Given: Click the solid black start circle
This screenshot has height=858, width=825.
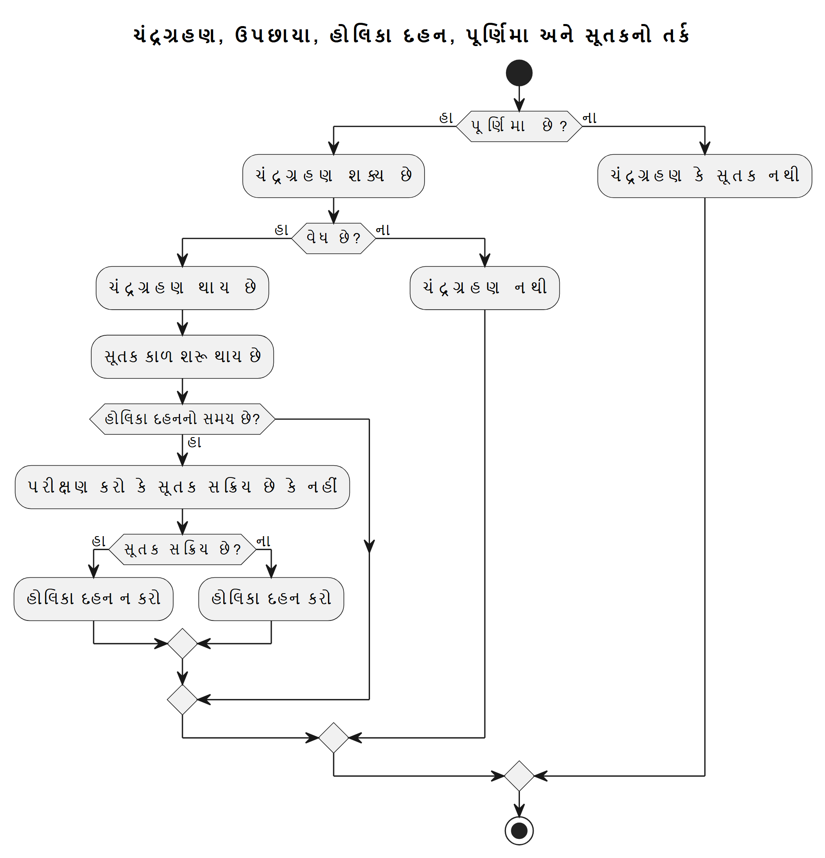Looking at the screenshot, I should tap(519, 73).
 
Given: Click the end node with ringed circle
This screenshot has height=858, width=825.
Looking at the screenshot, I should tap(519, 830).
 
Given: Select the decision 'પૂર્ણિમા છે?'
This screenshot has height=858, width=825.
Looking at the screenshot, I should tap(519, 126).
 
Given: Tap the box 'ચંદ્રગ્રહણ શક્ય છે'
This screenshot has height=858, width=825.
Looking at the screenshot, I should tap(334, 176).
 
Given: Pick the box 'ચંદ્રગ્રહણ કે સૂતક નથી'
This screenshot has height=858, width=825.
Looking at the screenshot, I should tap(705, 176).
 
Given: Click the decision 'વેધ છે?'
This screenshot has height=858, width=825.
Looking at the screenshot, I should tap(334, 238).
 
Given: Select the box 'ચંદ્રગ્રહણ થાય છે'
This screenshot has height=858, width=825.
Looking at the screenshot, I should tap(182, 288).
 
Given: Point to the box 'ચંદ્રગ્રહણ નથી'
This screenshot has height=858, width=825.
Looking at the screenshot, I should tap(484, 288).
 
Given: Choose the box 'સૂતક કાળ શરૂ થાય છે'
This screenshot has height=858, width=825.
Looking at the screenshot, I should tap(182, 356).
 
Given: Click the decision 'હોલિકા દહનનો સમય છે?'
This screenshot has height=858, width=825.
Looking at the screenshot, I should tap(182, 419).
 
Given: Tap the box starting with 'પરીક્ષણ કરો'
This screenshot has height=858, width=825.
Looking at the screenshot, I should tap(182, 487).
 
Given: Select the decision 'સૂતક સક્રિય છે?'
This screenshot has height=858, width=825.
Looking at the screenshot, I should tap(182, 549).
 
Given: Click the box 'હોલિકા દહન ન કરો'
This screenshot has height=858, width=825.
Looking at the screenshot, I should tap(93, 598).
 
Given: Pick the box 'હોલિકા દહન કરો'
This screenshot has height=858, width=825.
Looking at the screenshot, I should tap(271, 598).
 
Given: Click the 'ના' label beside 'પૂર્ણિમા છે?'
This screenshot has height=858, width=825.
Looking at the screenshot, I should tap(590, 118).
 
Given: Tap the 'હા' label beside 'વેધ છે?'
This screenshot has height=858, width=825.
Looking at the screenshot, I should tap(281, 230).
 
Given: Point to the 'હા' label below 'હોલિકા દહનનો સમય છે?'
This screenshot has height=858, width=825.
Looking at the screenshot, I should tap(194, 442).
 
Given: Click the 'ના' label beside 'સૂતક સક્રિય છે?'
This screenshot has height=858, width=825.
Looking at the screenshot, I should tap(263, 541).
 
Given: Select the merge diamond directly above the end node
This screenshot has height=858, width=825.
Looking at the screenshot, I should tap(519, 776).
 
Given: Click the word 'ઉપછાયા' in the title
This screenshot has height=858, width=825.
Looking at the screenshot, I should tap(273, 35).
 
